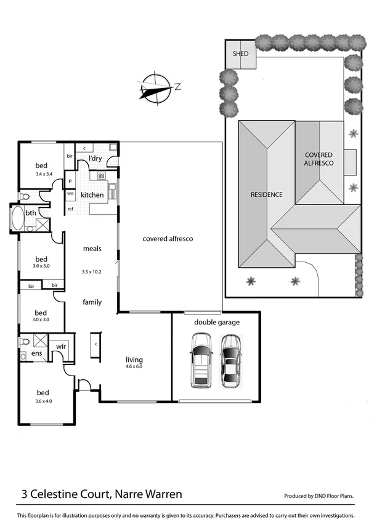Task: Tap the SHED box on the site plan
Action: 240,54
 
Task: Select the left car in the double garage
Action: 201,360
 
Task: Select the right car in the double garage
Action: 230,360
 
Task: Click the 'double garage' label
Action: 217,322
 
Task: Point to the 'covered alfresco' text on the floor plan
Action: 168,239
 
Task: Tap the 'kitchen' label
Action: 92,195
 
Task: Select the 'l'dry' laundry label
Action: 95,159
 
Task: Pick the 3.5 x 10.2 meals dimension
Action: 91,271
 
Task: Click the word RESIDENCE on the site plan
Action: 266,195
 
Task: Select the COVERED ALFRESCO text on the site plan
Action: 318,159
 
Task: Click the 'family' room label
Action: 92,302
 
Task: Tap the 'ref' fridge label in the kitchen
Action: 70,209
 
